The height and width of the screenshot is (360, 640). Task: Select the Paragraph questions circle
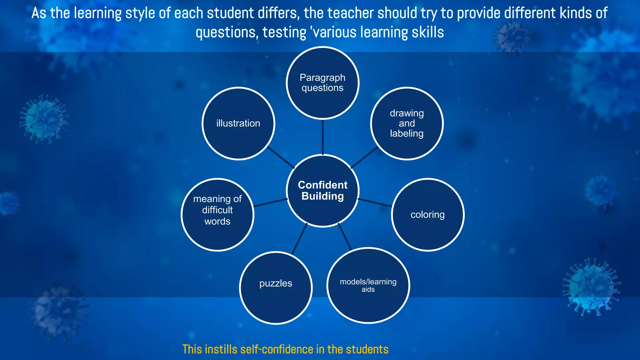coord(322,83)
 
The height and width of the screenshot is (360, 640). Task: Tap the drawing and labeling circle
coord(407,123)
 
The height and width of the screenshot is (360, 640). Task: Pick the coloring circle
coord(427,215)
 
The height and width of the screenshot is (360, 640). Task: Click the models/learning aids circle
coord(368,285)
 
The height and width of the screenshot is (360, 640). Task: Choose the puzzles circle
coord(276,288)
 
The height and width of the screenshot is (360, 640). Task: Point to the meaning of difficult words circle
coord(217,215)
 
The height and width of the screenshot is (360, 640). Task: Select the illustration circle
coord(238,123)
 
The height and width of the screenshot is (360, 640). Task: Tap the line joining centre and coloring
coord(374,202)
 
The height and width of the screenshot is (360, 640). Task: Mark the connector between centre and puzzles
coord(299,239)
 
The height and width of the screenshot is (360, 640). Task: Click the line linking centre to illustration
coord(281,157)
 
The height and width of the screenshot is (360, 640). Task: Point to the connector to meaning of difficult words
coord(270,202)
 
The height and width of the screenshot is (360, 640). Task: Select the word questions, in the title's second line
coord(227,32)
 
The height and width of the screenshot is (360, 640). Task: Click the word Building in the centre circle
coord(322,196)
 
